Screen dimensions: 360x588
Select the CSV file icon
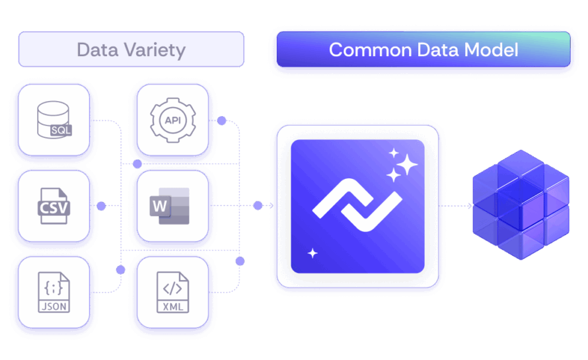click(54, 205)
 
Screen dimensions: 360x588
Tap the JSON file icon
click(54, 291)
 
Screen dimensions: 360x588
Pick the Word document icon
click(171, 205)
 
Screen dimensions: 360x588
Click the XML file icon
click(172, 291)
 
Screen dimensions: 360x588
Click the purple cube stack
click(520, 204)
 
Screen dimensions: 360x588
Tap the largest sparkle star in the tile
click(407, 164)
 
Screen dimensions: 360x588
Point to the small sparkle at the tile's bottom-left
click(312, 253)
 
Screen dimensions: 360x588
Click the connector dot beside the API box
click(222, 121)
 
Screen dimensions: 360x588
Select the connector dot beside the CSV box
click(101, 206)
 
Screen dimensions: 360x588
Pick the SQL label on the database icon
click(61, 130)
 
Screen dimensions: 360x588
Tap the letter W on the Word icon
click(160, 206)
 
